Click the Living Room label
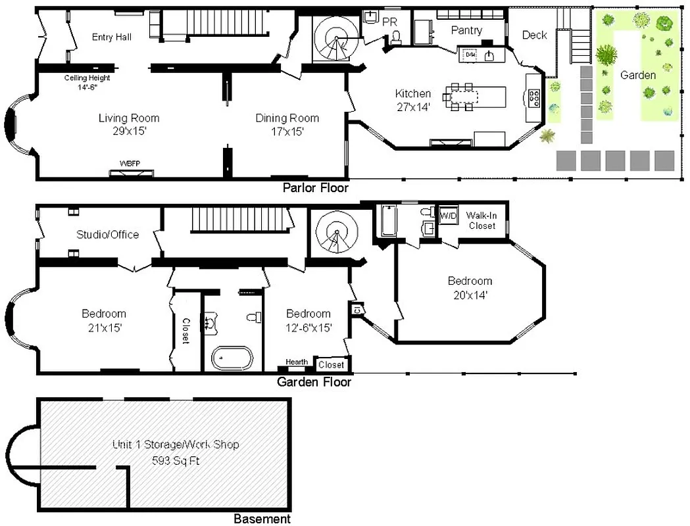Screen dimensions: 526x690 129,118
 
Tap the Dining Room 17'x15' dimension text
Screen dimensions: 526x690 287,131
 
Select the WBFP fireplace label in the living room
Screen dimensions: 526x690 131,163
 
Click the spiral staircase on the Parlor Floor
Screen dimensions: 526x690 335,39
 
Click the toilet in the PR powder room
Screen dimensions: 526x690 395,38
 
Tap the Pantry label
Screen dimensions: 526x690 466,30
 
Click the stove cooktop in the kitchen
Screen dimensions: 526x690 534,98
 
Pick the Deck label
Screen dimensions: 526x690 534,35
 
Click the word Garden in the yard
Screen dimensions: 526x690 637,75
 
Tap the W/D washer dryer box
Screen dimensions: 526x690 448,216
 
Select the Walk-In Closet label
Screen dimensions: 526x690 482,220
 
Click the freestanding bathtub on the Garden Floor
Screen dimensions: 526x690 232,358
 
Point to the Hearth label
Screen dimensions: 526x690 296,362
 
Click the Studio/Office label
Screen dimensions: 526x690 107,234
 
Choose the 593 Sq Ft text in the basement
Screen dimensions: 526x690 175,461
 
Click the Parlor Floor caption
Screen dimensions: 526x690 315,188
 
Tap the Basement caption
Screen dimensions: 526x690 262,519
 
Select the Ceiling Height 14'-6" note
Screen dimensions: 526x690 87,82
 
